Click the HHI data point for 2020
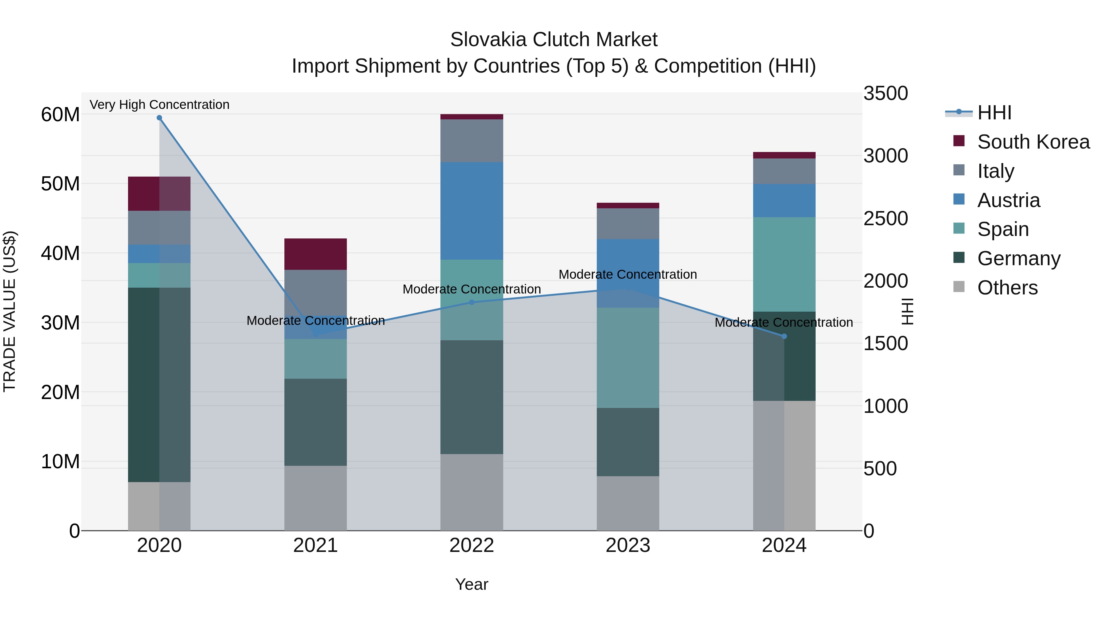(159, 118)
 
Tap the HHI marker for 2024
(784, 336)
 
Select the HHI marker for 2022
(472, 302)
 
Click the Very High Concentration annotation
(159, 105)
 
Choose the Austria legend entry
(1008, 200)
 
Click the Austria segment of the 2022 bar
(472, 211)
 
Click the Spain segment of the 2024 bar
(784, 264)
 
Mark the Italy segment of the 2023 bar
(628, 224)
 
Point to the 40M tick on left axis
(60, 253)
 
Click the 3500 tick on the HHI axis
(885, 94)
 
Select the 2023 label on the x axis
(628, 545)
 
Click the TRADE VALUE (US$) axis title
(10, 311)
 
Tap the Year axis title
(472, 584)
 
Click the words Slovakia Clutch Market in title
(554, 40)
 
